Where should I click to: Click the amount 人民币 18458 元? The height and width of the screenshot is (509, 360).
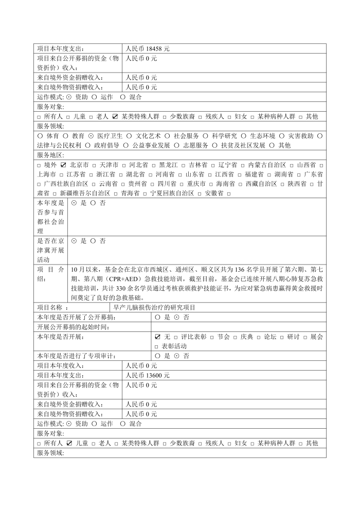tap(148, 48)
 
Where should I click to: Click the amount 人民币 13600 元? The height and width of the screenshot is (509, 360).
tap(148, 375)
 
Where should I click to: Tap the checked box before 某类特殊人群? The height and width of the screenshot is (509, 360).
tap(116, 117)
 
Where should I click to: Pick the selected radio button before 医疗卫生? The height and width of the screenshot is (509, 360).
tap(91, 136)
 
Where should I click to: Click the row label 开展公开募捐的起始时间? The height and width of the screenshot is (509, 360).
tap(74, 327)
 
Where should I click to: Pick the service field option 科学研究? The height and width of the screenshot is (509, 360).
tap(224, 136)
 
